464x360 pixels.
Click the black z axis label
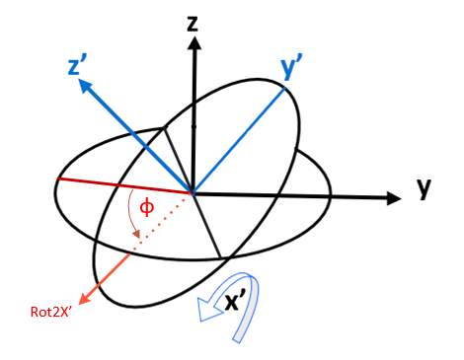point(194,22)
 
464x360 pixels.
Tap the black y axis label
point(424,189)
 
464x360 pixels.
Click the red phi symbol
point(146,207)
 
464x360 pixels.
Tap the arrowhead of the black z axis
point(193,45)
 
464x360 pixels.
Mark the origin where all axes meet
point(193,194)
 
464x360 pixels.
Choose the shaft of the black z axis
point(193,118)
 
